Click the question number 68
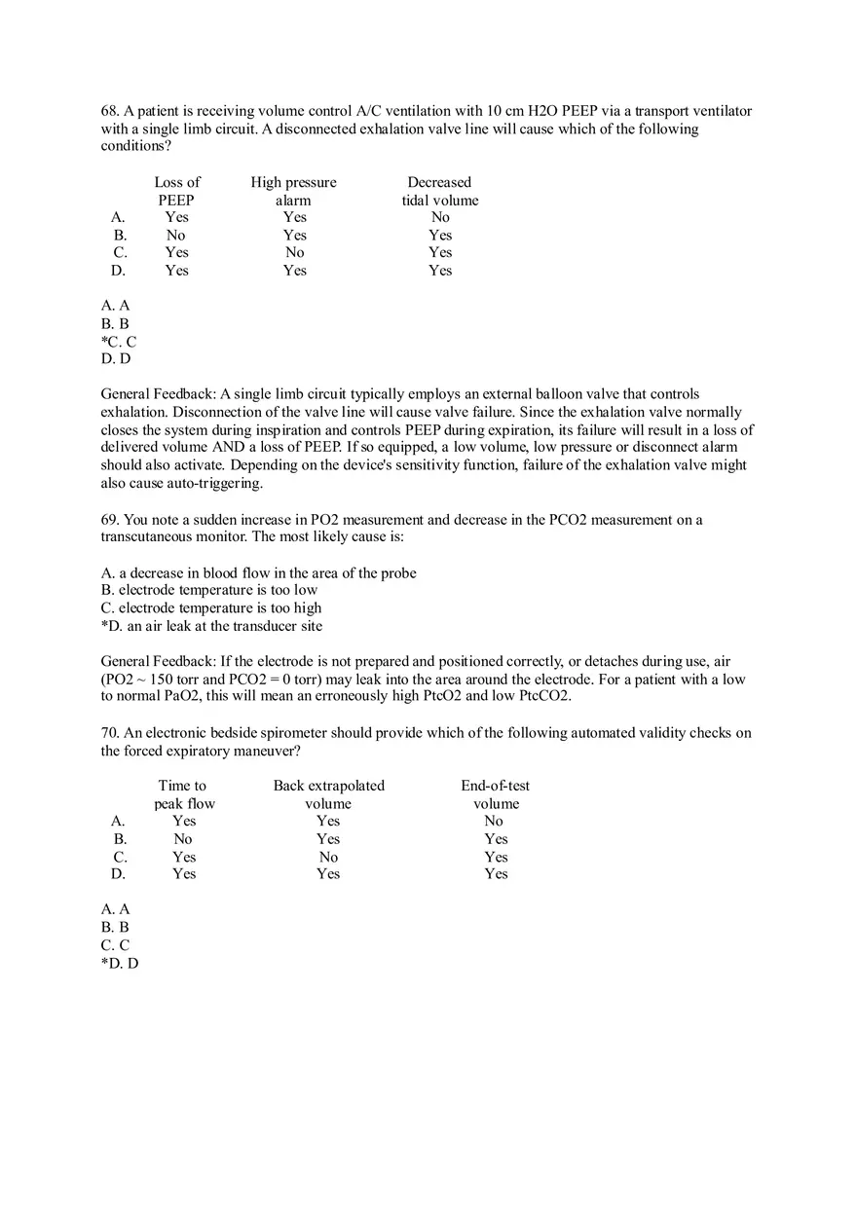pyautogui.click(x=109, y=111)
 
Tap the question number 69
pyautogui.click(x=109, y=520)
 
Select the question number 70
pyautogui.click(x=109, y=733)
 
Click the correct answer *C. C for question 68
pyautogui.click(x=119, y=342)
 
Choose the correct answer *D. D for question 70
pyautogui.click(x=120, y=963)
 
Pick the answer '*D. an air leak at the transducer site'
pyautogui.click(x=211, y=626)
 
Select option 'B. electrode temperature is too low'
pyautogui.click(x=209, y=590)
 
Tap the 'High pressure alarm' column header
pyautogui.click(x=293, y=191)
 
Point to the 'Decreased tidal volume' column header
pyautogui.click(x=440, y=191)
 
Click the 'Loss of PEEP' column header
pyautogui.click(x=177, y=191)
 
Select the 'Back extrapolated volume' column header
pyautogui.click(x=328, y=794)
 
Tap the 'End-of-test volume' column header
pyautogui.click(x=496, y=794)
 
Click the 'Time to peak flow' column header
pyautogui.click(x=183, y=794)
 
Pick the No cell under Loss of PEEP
pyautogui.click(x=175, y=236)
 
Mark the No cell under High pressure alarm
pyautogui.click(x=294, y=253)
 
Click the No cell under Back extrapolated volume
pyautogui.click(x=328, y=858)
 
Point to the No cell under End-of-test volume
pyautogui.click(x=494, y=822)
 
